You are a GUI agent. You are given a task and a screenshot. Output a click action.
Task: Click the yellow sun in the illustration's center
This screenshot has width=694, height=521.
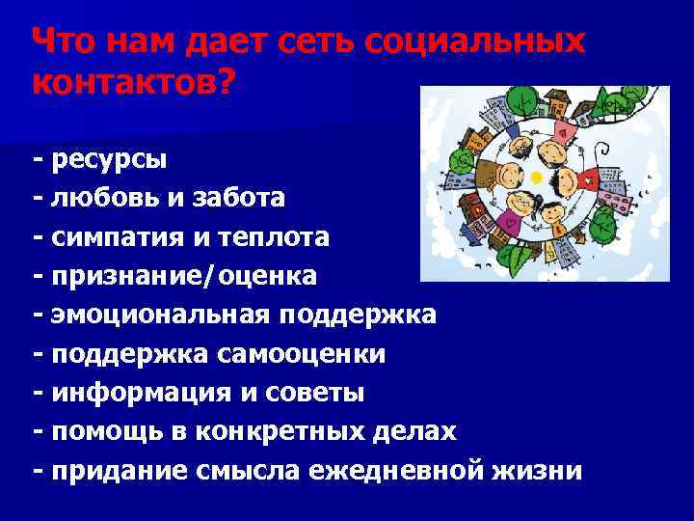tap(537, 177)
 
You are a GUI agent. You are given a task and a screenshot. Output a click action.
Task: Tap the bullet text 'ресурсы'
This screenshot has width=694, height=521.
tap(110, 158)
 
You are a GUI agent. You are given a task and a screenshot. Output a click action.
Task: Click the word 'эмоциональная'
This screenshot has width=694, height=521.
tap(163, 315)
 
